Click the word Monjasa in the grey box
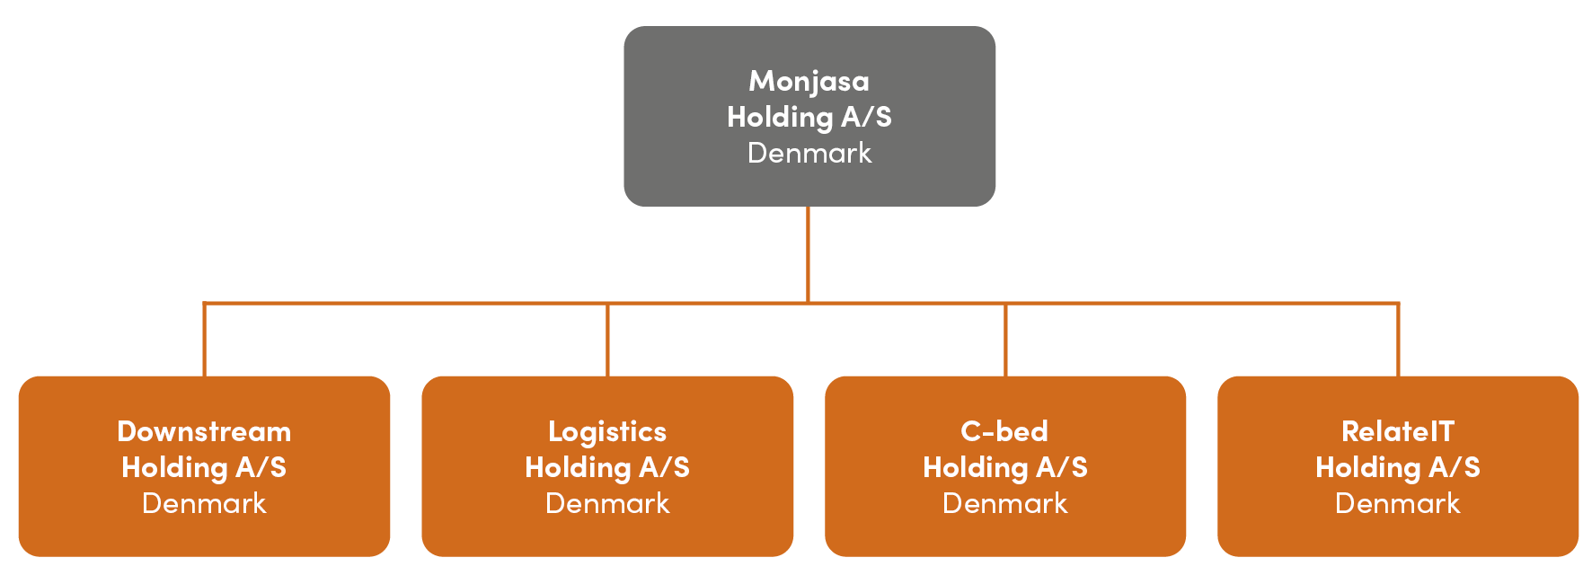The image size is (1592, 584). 809,81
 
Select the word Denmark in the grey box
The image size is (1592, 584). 809,153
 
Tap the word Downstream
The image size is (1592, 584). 204,431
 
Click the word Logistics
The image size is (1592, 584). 607,431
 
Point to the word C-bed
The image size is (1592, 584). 1004,431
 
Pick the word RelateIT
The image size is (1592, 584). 1397,431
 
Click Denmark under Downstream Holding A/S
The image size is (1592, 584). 204,503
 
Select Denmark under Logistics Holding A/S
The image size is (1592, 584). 607,503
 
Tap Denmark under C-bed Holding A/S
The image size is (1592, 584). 1004,503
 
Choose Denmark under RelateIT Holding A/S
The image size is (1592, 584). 1397,503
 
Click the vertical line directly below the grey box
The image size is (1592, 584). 809,253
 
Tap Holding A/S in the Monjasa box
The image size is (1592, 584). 809,117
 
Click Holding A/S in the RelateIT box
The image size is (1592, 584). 1397,467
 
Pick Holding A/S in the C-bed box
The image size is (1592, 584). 1004,467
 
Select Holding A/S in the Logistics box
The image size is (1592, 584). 607,467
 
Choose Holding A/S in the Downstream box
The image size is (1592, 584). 204,467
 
